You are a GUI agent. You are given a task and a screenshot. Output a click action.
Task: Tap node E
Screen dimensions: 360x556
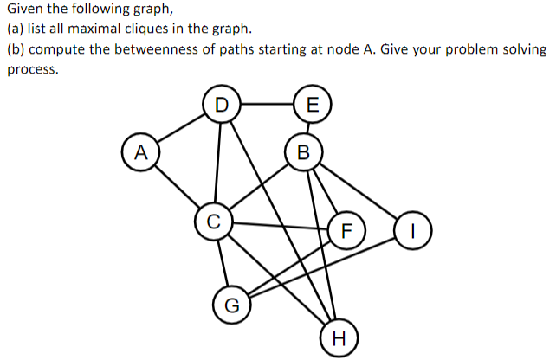point(313,105)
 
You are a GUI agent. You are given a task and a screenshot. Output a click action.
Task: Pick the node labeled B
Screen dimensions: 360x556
point(302,154)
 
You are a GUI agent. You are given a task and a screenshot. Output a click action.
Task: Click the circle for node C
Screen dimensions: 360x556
point(212,220)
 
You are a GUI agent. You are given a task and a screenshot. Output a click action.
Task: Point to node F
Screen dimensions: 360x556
point(346,230)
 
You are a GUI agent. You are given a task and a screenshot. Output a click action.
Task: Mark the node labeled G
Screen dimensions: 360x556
point(231,304)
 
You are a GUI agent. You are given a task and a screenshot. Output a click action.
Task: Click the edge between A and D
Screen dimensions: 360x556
point(180,128)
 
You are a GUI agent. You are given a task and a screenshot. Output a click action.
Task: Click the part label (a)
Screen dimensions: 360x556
point(15,29)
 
